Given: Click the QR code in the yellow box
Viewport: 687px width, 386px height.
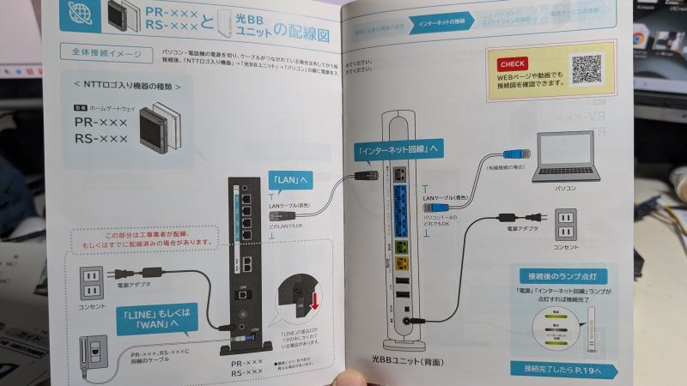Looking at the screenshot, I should click(x=587, y=68).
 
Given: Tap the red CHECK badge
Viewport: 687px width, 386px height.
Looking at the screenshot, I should click(x=513, y=63).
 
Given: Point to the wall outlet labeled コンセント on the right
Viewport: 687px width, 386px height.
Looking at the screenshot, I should click(x=565, y=226).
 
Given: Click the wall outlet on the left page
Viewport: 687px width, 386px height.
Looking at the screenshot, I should click(x=92, y=280).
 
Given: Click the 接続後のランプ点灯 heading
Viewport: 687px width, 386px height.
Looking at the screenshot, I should click(x=555, y=276).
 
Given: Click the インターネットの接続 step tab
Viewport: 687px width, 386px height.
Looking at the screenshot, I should click(x=441, y=18).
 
